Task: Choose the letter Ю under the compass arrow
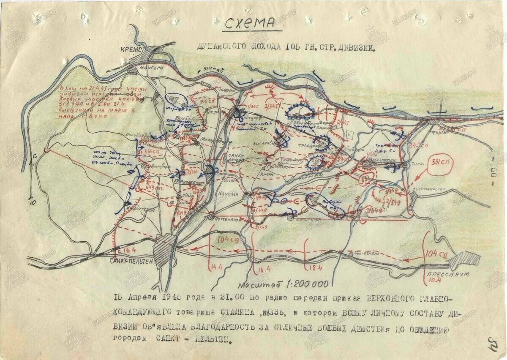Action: point(32,202)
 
